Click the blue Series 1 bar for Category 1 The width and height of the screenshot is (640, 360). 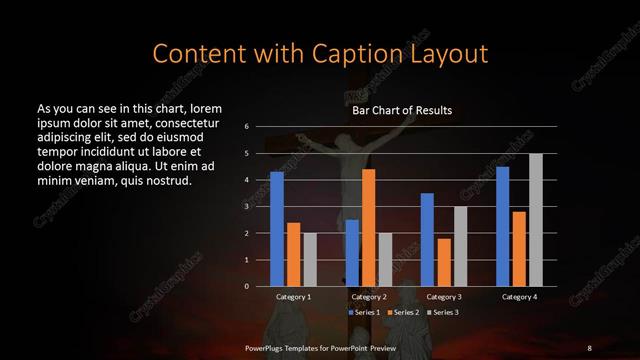(x=277, y=229)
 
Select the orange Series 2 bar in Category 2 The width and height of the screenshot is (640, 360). (x=368, y=227)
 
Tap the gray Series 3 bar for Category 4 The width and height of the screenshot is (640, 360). (x=535, y=220)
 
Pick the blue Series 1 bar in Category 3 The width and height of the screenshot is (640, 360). (x=427, y=239)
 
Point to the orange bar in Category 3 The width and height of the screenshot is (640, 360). (x=443, y=262)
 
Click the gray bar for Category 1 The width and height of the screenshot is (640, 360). (x=309, y=259)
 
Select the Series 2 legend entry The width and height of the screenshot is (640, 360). (x=402, y=313)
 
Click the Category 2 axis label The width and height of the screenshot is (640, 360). (x=368, y=297)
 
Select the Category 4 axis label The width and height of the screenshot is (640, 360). (x=519, y=297)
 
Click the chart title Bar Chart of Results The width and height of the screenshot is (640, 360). (x=402, y=110)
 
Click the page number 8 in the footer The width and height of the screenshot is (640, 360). (x=589, y=347)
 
